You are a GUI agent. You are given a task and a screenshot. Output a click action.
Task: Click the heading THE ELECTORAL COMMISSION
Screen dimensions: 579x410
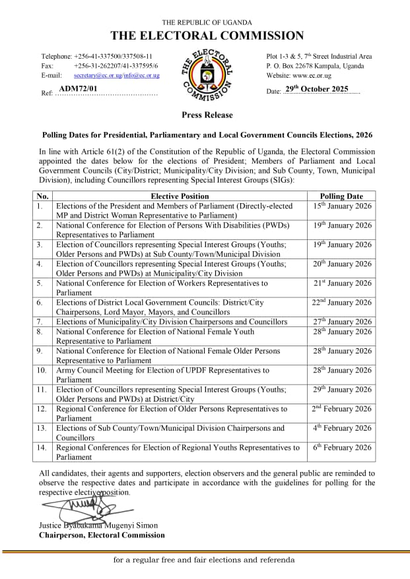207,36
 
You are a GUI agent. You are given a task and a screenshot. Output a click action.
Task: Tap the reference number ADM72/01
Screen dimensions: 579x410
78,88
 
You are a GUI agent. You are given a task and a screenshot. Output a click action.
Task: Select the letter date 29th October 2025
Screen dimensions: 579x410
321,89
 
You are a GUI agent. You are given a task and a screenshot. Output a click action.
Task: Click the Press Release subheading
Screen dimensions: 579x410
207,115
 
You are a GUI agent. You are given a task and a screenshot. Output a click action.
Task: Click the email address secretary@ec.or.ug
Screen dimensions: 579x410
97,75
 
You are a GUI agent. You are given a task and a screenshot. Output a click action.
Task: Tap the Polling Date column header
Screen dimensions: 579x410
341,196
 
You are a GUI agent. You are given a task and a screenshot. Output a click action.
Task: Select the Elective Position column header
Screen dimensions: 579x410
180,196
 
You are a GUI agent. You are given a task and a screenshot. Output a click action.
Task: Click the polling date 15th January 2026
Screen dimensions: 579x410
341,206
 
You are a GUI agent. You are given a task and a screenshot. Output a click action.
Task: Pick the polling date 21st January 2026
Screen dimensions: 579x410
341,283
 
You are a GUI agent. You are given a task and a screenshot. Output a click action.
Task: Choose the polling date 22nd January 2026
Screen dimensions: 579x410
341,302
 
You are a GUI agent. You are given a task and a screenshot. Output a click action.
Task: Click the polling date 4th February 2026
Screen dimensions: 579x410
341,428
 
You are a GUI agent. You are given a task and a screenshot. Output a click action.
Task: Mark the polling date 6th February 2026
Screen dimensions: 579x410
341,447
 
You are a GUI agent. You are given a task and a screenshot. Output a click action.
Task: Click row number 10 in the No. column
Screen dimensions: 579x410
42,371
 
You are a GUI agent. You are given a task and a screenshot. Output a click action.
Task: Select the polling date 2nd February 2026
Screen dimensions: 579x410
341,409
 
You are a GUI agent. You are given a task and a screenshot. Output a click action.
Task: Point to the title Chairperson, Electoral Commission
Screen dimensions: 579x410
102,535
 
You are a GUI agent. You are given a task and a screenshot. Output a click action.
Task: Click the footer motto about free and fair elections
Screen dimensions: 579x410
204,560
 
